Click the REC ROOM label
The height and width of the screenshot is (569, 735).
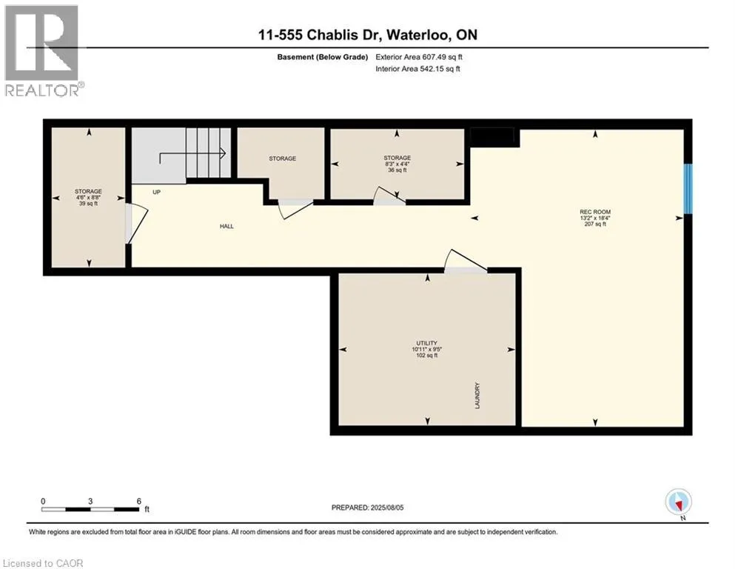[x=595, y=212]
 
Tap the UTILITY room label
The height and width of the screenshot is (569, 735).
[x=426, y=343]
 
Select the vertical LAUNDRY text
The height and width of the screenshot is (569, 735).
[x=477, y=396]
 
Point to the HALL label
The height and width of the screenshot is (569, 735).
[x=226, y=226]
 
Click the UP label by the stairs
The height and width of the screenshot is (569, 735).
[x=157, y=192]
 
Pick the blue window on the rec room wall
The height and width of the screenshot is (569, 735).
[x=688, y=189]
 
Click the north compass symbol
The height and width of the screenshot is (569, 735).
[x=678, y=502]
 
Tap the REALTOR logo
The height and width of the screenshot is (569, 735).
[x=42, y=50]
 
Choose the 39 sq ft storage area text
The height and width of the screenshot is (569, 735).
[x=88, y=204]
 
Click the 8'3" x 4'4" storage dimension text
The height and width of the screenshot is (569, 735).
[x=397, y=164]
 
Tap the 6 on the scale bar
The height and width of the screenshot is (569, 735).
[x=138, y=501]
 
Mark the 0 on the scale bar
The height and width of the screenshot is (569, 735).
[x=43, y=501]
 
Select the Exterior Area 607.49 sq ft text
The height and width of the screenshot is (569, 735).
[x=419, y=57]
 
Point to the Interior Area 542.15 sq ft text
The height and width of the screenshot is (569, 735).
[x=417, y=69]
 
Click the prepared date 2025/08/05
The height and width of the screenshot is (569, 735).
[x=386, y=508]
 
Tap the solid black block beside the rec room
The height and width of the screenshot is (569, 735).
[x=492, y=137]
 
